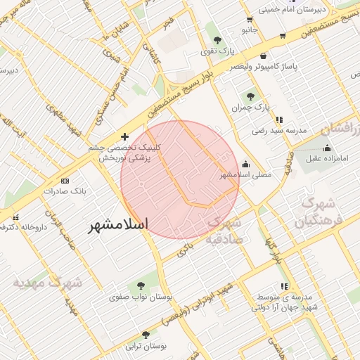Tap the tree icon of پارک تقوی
tap(217, 39)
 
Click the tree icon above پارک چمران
tap(250, 96)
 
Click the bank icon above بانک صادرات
tap(65, 179)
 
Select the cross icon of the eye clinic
tap(124, 136)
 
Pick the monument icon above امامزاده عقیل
tap(327, 148)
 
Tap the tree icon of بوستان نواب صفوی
tap(141, 285)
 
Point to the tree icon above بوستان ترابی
tap(146, 335)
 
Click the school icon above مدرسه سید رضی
tap(281, 119)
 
